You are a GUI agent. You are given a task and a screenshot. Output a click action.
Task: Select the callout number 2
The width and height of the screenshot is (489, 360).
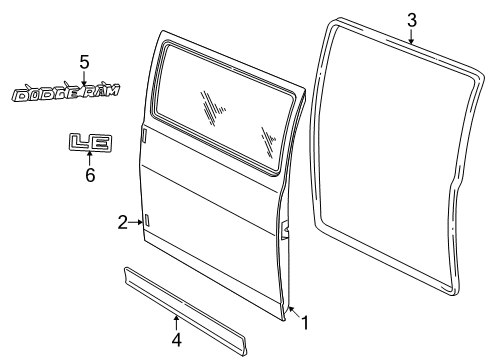[x=123, y=222]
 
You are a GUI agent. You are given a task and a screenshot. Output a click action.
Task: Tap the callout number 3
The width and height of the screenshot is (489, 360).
[x=412, y=19]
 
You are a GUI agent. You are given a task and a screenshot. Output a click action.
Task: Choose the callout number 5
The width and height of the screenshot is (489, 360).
[x=84, y=61]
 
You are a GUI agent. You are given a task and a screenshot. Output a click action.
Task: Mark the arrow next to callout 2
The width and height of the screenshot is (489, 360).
[x=137, y=222]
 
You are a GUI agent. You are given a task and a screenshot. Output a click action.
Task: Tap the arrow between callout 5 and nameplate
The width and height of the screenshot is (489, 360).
[x=84, y=78]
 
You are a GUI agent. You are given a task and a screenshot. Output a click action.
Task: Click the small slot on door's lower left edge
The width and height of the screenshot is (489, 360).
[x=147, y=220]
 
